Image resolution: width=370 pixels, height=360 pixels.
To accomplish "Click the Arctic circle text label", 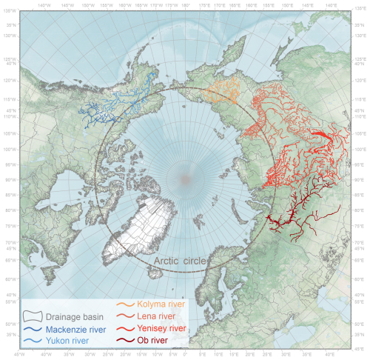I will tap(182, 261).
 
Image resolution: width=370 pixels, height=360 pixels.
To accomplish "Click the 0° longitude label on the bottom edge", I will tap(186, 356).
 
